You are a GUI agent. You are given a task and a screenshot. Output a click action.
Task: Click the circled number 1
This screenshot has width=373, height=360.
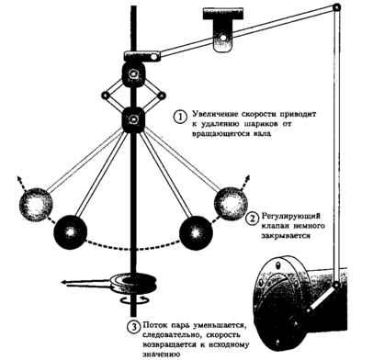pyautogui.click(x=180, y=118)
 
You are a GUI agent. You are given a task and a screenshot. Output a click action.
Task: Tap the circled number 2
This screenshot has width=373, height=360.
pyautogui.click(x=253, y=219)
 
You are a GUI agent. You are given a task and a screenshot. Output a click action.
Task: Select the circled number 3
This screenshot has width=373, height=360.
pyautogui.click(x=133, y=327)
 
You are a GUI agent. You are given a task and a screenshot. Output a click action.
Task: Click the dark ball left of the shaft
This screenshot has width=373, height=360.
pyautogui.click(x=71, y=231)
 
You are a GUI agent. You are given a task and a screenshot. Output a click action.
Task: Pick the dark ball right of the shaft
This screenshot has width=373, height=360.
pyautogui.click(x=196, y=231)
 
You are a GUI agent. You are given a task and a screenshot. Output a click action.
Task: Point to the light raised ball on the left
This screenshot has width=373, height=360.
pyautogui.click(x=36, y=203)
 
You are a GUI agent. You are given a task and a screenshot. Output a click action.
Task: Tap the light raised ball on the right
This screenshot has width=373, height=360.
pyautogui.click(x=231, y=203)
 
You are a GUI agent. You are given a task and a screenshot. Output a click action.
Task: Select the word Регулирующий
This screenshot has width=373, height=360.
pyautogui.click(x=290, y=216)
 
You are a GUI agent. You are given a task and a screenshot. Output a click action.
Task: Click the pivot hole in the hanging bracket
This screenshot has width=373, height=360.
pyautogui.click(x=223, y=38)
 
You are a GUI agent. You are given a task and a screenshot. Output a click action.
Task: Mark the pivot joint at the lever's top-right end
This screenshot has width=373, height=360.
pyautogui.click(x=336, y=7)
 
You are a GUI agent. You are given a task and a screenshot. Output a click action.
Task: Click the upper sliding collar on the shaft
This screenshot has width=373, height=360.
pyautogui.click(x=133, y=74)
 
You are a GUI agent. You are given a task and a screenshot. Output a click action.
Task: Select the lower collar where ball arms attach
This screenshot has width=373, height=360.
pyautogui.click(x=133, y=119)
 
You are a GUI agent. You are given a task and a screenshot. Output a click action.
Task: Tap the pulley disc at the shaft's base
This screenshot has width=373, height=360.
pyautogui.click(x=133, y=283)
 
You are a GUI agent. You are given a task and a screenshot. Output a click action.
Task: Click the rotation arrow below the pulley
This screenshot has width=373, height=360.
pyautogui.click(x=133, y=301)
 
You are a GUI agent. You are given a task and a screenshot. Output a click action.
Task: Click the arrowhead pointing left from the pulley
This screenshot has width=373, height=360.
pyautogui.click(x=64, y=283)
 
